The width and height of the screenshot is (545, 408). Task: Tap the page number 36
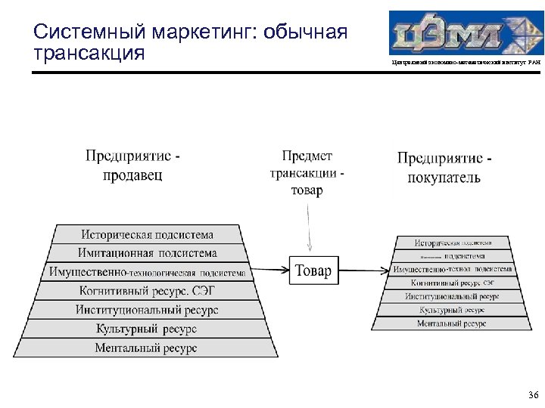click(532, 395)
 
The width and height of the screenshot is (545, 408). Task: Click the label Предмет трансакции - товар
click(307, 173)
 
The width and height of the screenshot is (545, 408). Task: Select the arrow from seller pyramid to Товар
click(268, 270)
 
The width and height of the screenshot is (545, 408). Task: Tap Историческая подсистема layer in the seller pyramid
click(148, 234)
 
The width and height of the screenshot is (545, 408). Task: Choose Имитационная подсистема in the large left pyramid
click(148, 253)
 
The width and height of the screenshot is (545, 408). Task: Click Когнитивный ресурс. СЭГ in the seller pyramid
click(148, 291)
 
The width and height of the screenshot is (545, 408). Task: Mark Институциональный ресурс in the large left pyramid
click(148, 310)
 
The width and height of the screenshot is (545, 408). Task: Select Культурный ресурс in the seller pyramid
click(148, 329)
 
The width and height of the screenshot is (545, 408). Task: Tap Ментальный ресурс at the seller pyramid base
click(148, 348)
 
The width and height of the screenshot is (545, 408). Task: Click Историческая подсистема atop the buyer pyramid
click(453, 243)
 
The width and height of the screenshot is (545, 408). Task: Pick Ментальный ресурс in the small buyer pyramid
click(452, 323)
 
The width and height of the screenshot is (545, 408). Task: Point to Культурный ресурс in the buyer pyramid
click(452, 310)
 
